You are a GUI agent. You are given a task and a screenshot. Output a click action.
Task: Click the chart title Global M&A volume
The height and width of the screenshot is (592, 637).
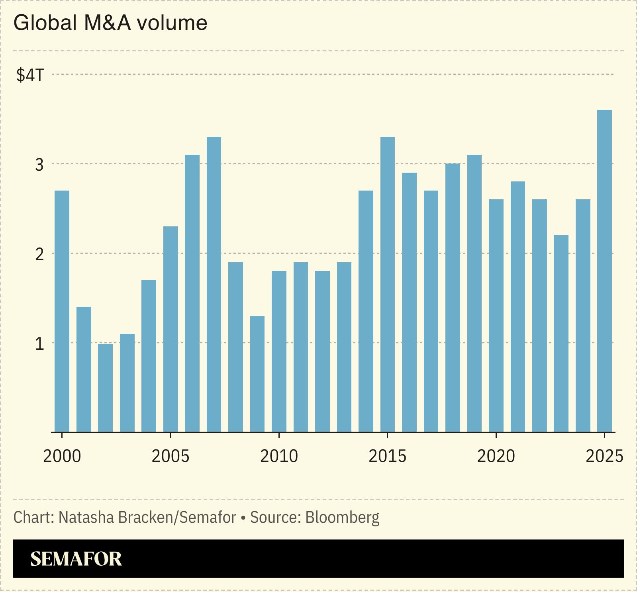[110, 23]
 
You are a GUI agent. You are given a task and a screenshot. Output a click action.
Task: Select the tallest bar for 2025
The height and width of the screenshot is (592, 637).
[604, 271]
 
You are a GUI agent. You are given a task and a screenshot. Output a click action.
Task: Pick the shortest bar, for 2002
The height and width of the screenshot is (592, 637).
[105, 388]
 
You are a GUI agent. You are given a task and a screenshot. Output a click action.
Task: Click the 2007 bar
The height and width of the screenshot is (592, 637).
[214, 284]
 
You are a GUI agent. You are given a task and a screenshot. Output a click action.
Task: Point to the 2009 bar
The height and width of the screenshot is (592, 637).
[257, 374]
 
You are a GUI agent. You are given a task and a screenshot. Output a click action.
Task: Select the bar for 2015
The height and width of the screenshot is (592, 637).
[387, 284]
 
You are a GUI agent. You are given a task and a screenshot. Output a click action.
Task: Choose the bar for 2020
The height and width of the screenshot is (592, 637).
[496, 315]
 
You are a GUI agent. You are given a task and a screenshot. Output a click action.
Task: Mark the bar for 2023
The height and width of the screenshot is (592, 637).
[561, 333]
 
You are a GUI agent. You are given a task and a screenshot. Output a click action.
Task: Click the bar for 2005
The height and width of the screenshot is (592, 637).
[171, 329]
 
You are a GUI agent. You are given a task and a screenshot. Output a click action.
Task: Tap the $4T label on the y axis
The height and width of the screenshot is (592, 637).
[30, 75]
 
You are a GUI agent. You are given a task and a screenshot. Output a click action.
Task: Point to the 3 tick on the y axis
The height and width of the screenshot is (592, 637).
[39, 164]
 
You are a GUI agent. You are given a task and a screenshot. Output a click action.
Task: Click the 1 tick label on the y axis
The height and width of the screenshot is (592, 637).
[39, 343]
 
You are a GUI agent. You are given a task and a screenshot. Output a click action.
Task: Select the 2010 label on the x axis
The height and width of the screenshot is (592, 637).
[279, 456]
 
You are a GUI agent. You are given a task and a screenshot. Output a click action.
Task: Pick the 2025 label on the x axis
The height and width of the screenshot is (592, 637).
[604, 456]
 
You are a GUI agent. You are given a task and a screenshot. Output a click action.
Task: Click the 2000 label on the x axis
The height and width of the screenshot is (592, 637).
[62, 456]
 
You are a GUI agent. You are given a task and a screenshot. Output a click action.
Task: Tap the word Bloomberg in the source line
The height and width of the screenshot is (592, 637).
[342, 518]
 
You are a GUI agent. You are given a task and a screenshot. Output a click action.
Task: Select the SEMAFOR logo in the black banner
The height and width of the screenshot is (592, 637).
[76, 559]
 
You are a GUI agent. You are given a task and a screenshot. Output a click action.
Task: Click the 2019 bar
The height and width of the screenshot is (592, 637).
[474, 293]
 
